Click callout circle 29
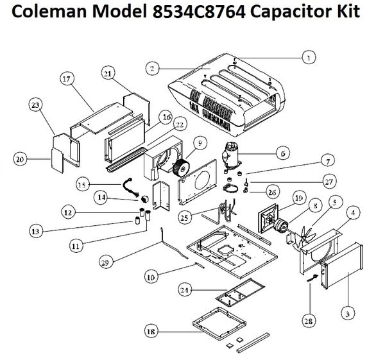coord(107,262)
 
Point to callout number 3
coord(346,314)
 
